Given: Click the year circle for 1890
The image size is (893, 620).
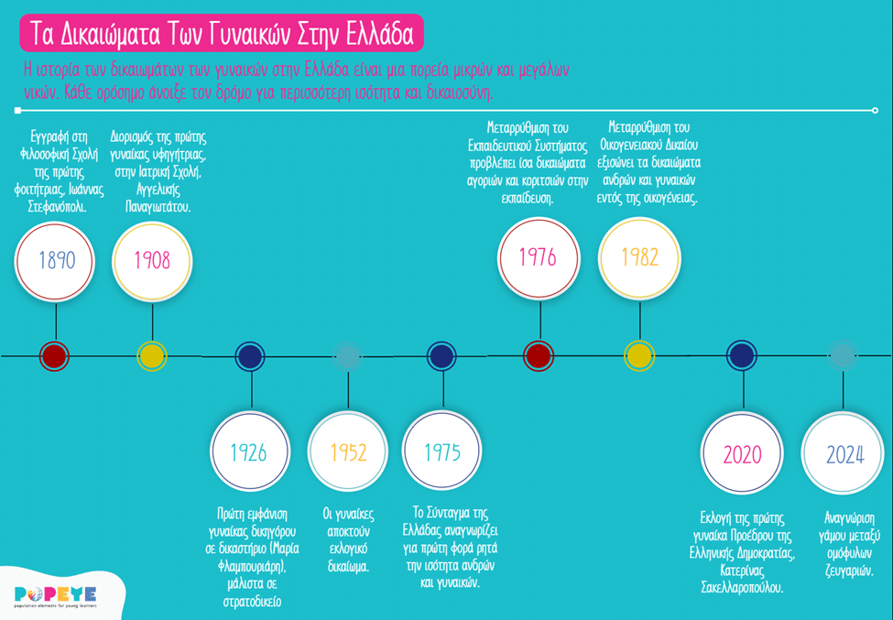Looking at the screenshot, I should pyautogui.click(x=56, y=260).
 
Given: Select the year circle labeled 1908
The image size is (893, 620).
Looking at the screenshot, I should pyautogui.click(x=152, y=260).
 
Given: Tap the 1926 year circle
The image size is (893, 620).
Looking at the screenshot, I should pyautogui.click(x=249, y=451).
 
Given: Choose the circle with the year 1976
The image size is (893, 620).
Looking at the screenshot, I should pyautogui.click(x=538, y=257).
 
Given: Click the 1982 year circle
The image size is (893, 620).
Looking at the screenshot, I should pyautogui.click(x=638, y=257).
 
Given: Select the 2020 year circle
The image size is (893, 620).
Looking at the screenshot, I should pyautogui.click(x=741, y=454).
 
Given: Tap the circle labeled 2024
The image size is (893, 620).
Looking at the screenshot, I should pyautogui.click(x=844, y=454).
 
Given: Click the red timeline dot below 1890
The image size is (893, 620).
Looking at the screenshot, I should pyautogui.click(x=56, y=355).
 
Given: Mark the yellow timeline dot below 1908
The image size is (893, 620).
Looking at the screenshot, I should pyautogui.click(x=152, y=355).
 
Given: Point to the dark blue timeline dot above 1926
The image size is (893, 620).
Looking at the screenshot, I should pyautogui.click(x=249, y=355).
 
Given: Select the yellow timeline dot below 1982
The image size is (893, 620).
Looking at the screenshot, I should pyautogui.click(x=638, y=355).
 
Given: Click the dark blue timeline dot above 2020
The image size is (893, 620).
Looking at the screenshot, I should pyautogui.click(x=741, y=355).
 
